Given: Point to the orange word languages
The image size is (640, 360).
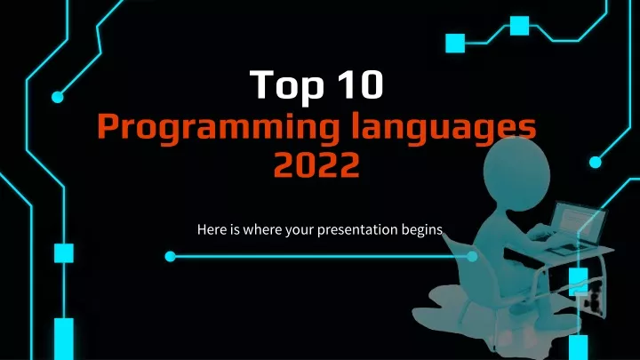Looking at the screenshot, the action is point(444,127).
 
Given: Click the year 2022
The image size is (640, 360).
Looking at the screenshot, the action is point(316,164).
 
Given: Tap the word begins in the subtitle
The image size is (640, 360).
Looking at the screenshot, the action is point(422,230).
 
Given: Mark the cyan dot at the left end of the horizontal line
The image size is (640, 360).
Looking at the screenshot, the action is point(170,256).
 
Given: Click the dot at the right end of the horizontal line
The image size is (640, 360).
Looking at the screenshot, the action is point(472,256).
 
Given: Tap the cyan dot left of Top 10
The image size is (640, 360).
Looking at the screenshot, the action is point(58,97).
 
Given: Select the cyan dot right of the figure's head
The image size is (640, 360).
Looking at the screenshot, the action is point(596,162).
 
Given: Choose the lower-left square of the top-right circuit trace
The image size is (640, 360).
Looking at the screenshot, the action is point(455,43).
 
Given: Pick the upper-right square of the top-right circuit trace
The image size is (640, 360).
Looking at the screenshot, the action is point(520,26).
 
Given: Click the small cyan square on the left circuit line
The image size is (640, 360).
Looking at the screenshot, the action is point(64,253).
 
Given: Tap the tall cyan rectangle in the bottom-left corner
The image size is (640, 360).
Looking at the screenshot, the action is point(64,339).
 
